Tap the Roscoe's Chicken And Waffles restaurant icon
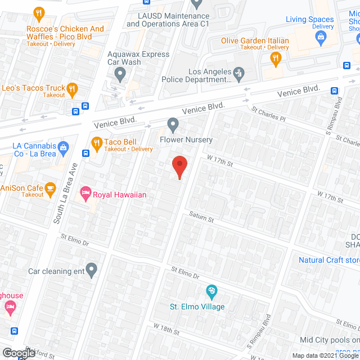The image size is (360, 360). (39, 13)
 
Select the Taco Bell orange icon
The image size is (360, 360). (96, 142)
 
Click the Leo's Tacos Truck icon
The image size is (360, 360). (71, 88)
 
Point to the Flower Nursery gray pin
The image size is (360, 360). (173, 124)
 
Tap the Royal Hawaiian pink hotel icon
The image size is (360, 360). (85, 194)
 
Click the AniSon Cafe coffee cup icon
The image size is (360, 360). (51, 188)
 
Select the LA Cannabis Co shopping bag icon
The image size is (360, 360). (64, 147)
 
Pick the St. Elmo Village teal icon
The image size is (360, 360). (211, 291)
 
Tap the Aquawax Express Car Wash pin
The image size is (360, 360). (120, 73)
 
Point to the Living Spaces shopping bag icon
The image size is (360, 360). (321, 38)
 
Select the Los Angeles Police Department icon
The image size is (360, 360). (239, 72)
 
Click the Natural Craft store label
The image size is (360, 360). (328, 260)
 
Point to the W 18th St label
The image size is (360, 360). (166, 329)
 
